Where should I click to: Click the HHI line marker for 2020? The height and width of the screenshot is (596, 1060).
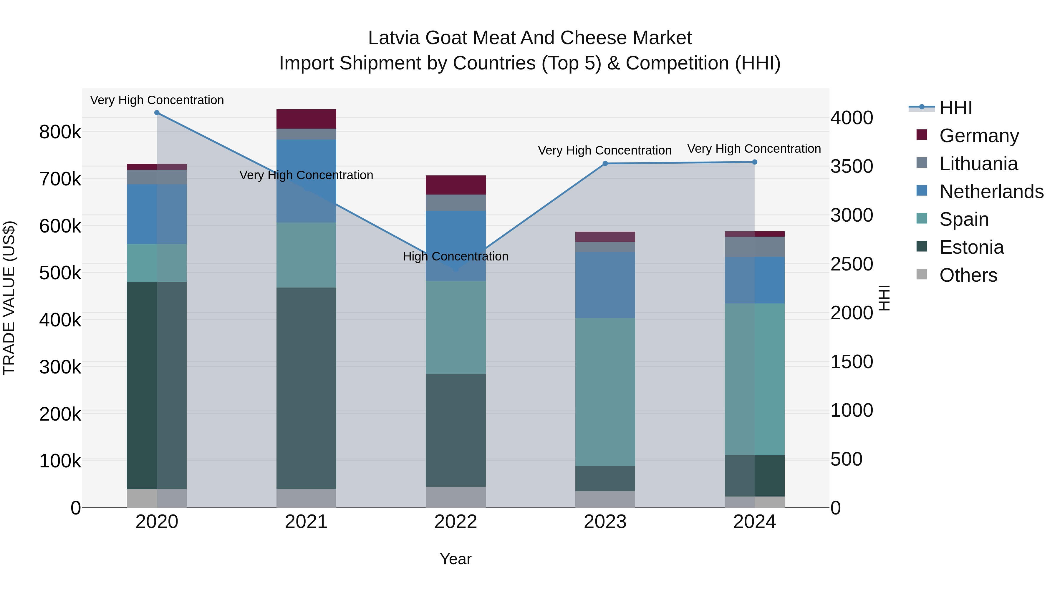157,113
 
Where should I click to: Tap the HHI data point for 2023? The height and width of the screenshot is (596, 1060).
605,164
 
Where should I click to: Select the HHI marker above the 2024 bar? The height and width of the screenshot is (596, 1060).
754,162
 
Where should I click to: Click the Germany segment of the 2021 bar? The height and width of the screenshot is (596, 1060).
306,119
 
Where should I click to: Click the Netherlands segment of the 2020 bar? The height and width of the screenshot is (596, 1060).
157,214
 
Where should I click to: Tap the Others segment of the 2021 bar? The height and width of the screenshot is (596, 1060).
306,498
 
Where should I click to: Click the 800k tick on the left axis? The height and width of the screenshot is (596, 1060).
60,132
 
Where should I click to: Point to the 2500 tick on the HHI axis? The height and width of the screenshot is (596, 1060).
851,264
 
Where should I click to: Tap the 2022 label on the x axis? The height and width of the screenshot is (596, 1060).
456,522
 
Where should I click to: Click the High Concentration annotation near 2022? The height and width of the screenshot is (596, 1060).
456,256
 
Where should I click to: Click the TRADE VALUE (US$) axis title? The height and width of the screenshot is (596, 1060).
9,298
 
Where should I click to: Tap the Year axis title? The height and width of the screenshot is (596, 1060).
456,559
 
